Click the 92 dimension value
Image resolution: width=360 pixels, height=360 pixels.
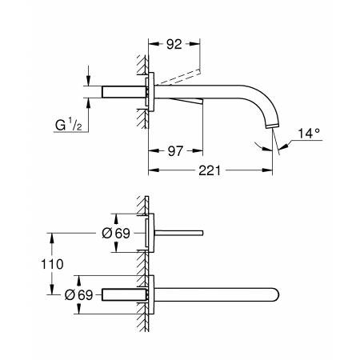173,46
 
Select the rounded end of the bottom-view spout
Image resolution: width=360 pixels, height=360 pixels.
277,294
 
